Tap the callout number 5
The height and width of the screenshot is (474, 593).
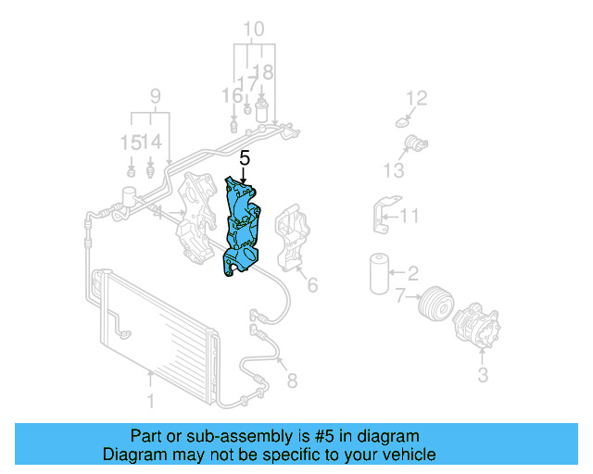(x=245, y=157)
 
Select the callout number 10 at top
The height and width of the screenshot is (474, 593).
(x=253, y=29)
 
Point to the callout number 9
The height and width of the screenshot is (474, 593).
(x=155, y=95)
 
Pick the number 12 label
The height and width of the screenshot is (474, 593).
(x=417, y=97)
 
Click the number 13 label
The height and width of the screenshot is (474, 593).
(x=394, y=170)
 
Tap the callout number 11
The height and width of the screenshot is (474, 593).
(x=410, y=218)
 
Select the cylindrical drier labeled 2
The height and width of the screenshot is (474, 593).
(x=379, y=271)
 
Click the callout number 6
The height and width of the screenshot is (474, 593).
(x=312, y=285)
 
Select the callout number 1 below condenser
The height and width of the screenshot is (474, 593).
(x=150, y=401)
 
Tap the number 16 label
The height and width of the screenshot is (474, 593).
(x=231, y=95)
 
